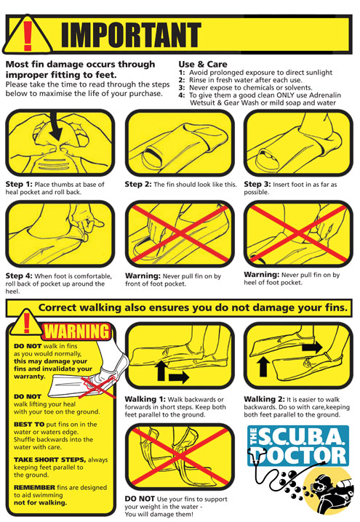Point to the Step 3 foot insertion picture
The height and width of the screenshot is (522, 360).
[x=298, y=142]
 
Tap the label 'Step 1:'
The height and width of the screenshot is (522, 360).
[x=19, y=184]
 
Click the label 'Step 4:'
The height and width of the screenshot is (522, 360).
[x=19, y=276]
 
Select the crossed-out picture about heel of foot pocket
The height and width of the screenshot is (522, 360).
[x=298, y=234]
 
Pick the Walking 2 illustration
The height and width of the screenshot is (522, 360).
[x=298, y=358]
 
